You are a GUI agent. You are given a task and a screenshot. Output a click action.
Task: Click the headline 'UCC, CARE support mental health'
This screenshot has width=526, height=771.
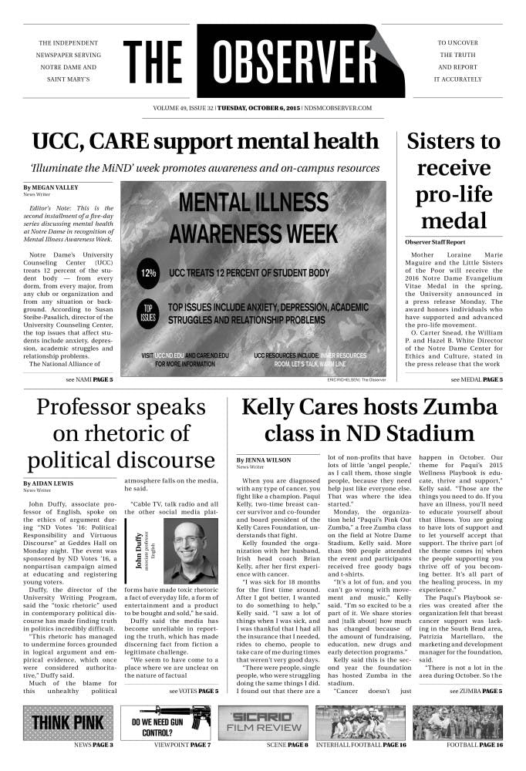click(206, 142)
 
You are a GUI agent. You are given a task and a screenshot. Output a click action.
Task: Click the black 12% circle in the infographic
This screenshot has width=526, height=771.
click(147, 273)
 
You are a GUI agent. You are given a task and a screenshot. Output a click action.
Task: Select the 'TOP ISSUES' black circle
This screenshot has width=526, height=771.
click(148, 313)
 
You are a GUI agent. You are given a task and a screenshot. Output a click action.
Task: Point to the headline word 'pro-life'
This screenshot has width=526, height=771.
click(454, 195)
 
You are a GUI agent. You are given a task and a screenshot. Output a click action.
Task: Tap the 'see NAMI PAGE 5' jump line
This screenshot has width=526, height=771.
click(89, 380)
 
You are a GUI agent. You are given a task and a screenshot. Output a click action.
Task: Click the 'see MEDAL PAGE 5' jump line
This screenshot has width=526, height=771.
click(477, 380)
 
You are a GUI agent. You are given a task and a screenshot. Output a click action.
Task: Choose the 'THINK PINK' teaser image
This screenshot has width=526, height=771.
click(68, 722)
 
